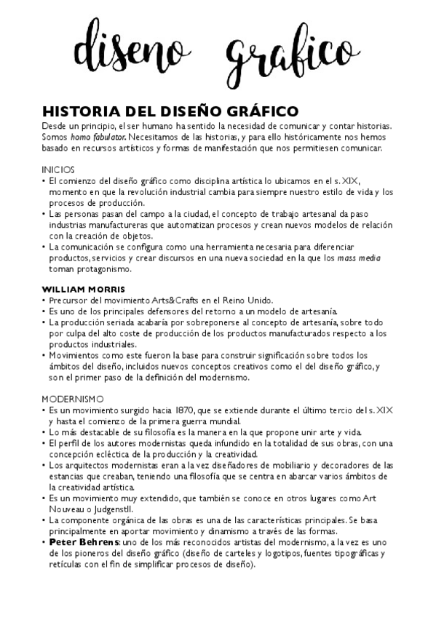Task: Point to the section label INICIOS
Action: pyautogui.click(x=58, y=170)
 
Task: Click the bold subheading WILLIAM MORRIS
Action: pyautogui.click(x=83, y=289)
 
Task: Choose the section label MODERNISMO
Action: pyautogui.click(x=73, y=399)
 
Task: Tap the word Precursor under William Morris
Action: pyautogui.click(x=70, y=300)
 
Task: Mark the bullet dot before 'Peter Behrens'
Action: pyautogui.click(x=44, y=542)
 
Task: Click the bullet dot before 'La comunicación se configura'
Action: pyautogui.click(x=44, y=247)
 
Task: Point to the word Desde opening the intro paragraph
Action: pyautogui.click(x=55, y=126)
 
